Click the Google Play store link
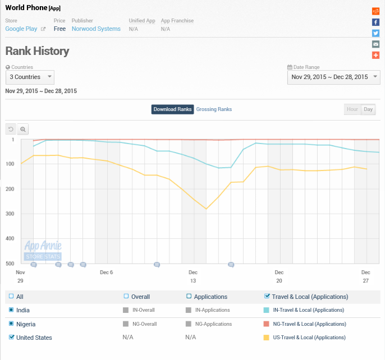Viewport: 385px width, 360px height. (21, 29)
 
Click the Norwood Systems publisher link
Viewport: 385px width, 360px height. (96, 29)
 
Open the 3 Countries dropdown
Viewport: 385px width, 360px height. (30, 77)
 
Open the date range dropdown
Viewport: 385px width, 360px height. (333, 77)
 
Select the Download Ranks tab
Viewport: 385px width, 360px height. (172, 109)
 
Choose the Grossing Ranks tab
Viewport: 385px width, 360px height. (214, 109)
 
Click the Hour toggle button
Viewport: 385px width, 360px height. (352, 109)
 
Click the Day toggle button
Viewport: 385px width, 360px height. (368, 109)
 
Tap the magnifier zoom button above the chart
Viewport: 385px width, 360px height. (23, 129)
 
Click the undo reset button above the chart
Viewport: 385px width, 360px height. (11, 129)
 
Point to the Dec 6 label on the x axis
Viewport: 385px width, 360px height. (107, 273)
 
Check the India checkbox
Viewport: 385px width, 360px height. (11, 310)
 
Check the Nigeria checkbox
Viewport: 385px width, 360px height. (11, 324)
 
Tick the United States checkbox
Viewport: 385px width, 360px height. (12, 338)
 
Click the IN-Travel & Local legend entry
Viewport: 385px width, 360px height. (308, 310)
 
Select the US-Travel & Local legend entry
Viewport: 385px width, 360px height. (309, 338)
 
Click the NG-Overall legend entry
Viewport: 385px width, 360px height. (144, 324)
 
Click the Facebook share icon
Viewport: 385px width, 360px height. (375, 22)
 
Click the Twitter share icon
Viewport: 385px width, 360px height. (375, 33)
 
